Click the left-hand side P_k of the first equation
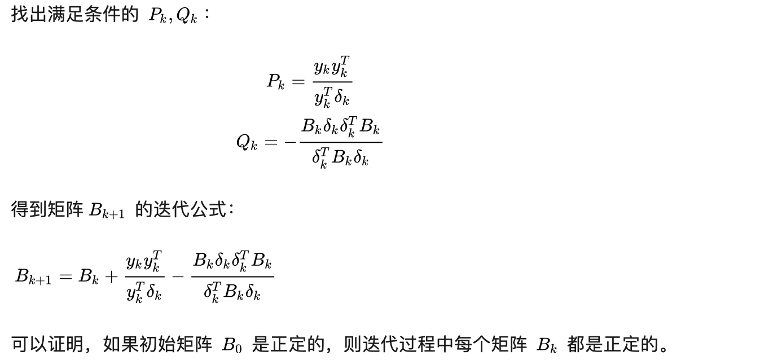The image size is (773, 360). [x=275, y=82]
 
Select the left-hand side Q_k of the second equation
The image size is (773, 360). [x=247, y=142]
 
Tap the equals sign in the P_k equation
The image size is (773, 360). [x=298, y=82]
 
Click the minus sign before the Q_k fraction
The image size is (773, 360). [x=291, y=142]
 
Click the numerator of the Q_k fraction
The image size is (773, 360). [x=341, y=126]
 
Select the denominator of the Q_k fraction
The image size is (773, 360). [x=340, y=158]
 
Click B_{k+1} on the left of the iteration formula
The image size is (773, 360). [x=33, y=276]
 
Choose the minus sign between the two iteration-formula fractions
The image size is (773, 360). [x=178, y=276]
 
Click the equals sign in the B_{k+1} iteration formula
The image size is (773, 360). [x=65, y=276]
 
